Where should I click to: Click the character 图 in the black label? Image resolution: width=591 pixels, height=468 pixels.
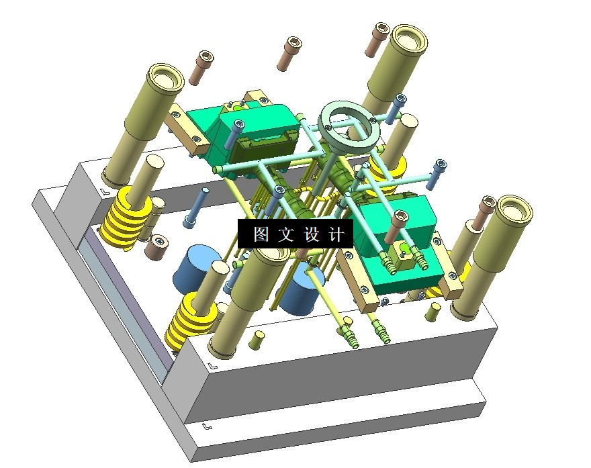click(261, 234)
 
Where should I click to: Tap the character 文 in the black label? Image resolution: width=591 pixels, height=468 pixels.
click(286, 234)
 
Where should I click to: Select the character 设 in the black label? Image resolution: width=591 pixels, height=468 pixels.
click(312, 234)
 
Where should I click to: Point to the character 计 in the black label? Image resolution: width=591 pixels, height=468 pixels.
click(336, 234)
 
